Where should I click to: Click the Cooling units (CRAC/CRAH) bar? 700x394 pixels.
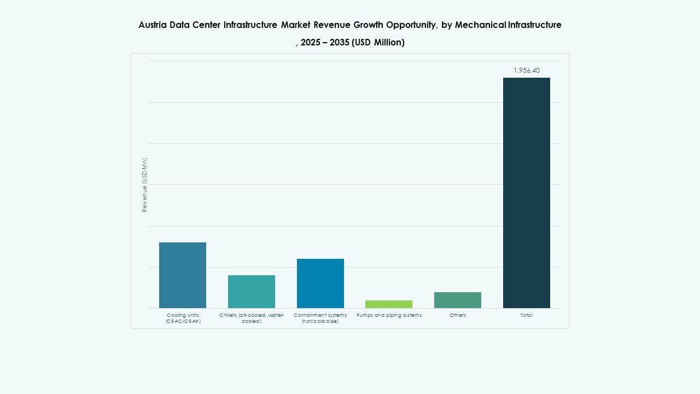tap(182, 275)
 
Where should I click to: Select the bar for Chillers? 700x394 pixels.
tap(251, 291)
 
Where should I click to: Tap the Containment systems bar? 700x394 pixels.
tap(320, 283)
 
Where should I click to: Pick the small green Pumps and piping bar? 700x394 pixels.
tap(389, 304)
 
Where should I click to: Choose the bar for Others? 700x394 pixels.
tap(458, 300)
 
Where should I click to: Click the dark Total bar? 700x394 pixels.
tap(526, 193)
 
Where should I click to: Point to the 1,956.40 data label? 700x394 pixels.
tap(526, 71)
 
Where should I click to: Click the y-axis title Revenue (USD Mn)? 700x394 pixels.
tap(145, 185)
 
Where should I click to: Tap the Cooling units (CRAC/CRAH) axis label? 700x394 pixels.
tap(183, 318)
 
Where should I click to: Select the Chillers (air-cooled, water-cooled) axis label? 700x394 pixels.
tap(251, 318)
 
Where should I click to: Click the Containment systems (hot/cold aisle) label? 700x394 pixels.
tap(320, 318)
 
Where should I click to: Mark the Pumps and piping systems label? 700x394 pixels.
tap(389, 315)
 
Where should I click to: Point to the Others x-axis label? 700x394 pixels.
tap(458, 315)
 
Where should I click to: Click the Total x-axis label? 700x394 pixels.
tap(526, 315)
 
